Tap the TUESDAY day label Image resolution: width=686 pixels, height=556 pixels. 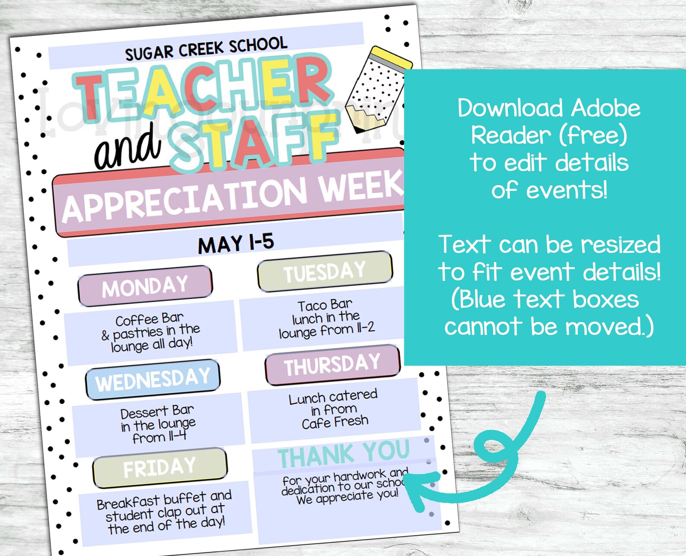325,272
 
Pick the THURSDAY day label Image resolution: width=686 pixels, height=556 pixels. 332,365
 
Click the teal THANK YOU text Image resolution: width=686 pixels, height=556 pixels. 343,453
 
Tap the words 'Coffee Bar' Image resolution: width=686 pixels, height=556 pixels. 149,319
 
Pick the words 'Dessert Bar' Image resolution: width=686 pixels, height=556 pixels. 157,412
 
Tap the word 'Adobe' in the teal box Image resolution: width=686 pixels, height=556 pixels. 606,108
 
